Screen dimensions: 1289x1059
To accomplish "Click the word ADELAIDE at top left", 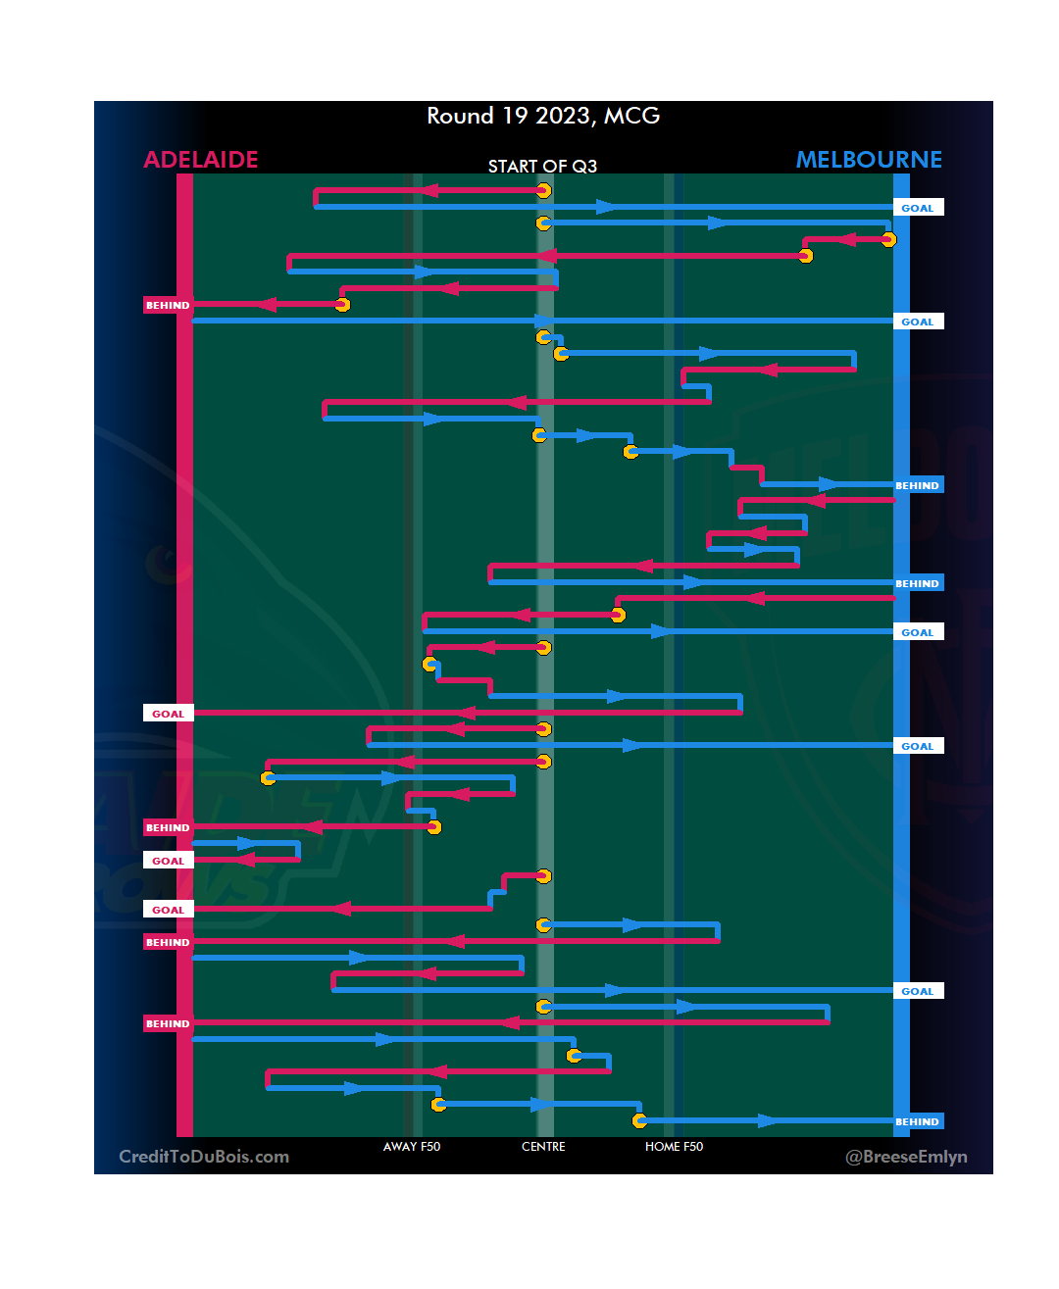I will (201, 160).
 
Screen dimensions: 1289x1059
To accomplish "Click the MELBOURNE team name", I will (868, 160).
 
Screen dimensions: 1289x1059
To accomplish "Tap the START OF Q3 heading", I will (542, 167).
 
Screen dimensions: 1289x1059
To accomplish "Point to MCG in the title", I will (631, 116).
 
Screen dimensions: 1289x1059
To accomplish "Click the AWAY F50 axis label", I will (412, 1147).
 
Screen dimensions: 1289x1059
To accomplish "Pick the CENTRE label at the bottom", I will (543, 1147).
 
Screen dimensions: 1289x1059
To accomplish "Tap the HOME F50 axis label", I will (674, 1147).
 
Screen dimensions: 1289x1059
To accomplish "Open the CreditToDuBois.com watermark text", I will (204, 1157).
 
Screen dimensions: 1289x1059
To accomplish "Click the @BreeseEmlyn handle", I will (906, 1157).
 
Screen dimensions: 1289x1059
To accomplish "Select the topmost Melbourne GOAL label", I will (918, 208).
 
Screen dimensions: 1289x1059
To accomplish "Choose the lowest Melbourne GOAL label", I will (918, 992).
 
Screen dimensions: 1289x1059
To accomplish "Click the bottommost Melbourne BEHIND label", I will (918, 1122).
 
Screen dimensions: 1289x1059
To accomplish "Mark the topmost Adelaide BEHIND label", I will (168, 306).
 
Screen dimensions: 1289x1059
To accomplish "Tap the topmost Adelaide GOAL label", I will (168, 714).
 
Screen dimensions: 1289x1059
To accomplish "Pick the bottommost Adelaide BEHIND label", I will (168, 1024).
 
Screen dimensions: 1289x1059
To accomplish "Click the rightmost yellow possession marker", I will (888, 239).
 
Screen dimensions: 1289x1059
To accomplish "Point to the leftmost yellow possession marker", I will (268, 778).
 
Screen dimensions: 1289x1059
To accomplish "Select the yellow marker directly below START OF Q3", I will (543, 191).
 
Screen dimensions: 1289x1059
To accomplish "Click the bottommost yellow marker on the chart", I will (639, 1120).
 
